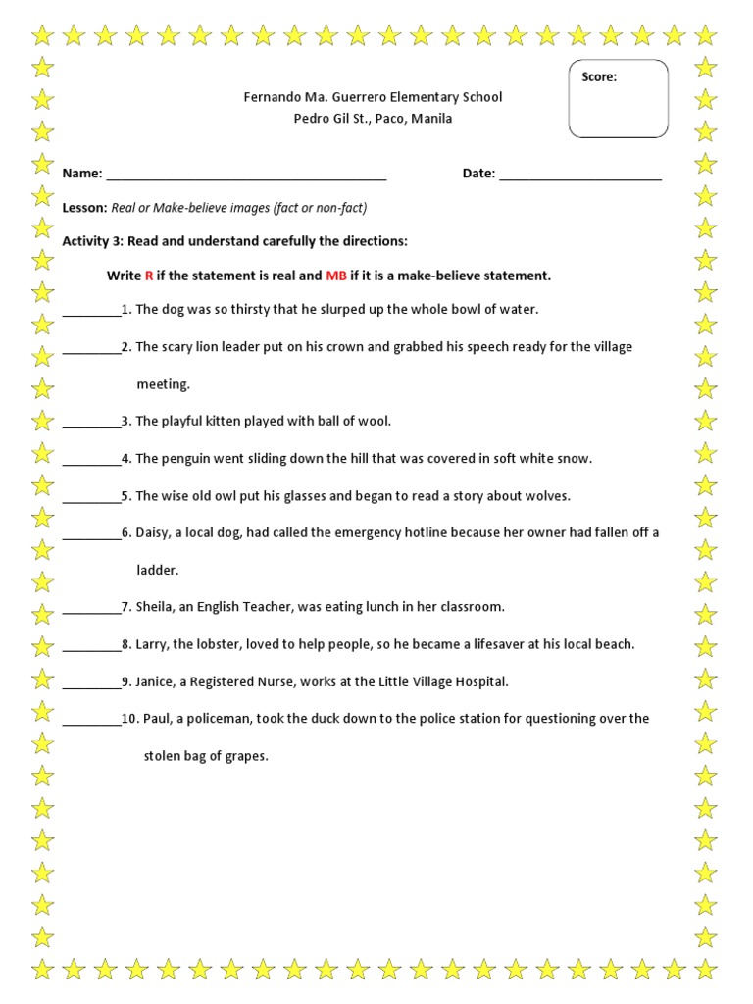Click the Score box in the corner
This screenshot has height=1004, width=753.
pos(619,99)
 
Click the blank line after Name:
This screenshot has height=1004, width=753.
pos(246,175)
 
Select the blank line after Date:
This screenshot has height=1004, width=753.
pos(580,175)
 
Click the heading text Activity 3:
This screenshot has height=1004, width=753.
pos(96,241)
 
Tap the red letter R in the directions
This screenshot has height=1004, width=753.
pos(149,276)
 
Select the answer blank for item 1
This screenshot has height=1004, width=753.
pos(91,311)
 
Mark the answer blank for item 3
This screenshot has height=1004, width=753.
pos(91,423)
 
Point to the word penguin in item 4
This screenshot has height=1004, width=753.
pos(183,459)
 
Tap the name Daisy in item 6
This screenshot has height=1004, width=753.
pos(152,533)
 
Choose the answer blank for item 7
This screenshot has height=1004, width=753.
pos(91,608)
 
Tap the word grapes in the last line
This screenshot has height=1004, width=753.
pos(247,756)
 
